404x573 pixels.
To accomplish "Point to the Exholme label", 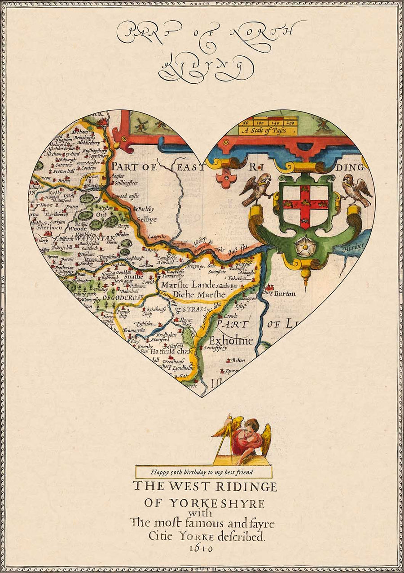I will pyautogui.click(x=231, y=340).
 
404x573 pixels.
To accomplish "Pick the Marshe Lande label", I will pyautogui.click(x=192, y=285).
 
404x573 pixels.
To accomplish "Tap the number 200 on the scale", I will pyautogui.click(x=290, y=122).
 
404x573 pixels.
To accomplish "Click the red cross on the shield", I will pyautogui.click(x=305, y=201).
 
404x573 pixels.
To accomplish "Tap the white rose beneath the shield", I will pyautogui.click(x=306, y=246).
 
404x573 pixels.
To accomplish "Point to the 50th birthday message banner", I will pyautogui.click(x=203, y=472).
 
